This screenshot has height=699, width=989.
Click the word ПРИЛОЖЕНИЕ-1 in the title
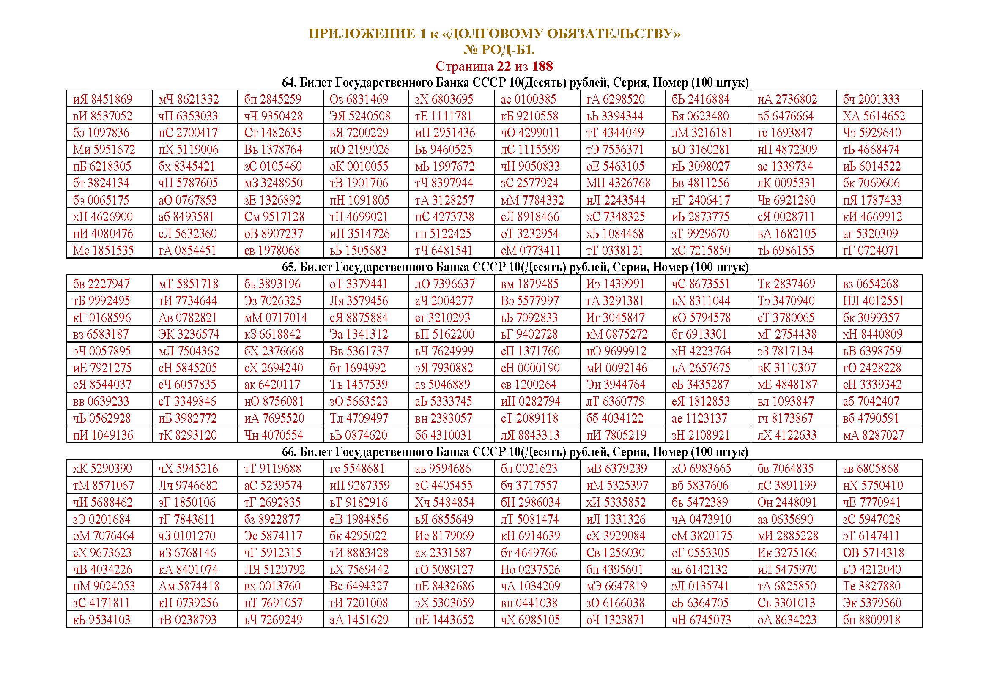point(367,34)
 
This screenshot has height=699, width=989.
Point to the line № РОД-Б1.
point(499,50)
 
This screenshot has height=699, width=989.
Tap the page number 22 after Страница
point(504,66)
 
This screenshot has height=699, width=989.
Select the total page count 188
point(542,66)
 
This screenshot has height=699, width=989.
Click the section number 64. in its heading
point(289,83)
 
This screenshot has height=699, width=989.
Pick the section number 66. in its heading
point(289,452)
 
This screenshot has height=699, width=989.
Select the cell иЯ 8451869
point(103,99)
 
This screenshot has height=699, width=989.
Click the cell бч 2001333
point(871,99)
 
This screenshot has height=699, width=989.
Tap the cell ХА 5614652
point(874,116)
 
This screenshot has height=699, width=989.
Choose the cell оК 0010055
point(359,167)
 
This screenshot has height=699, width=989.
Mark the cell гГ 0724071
point(871,251)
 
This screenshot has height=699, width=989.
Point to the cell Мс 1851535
point(103,251)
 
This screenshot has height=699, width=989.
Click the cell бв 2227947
point(101,284)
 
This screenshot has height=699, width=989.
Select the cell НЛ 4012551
point(873,301)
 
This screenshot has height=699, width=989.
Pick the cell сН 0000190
point(530,368)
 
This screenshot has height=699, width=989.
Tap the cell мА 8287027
point(873,435)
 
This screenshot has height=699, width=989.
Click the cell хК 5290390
point(102,469)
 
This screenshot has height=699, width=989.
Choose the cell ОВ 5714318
point(873,553)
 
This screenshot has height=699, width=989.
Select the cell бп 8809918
point(871,620)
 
